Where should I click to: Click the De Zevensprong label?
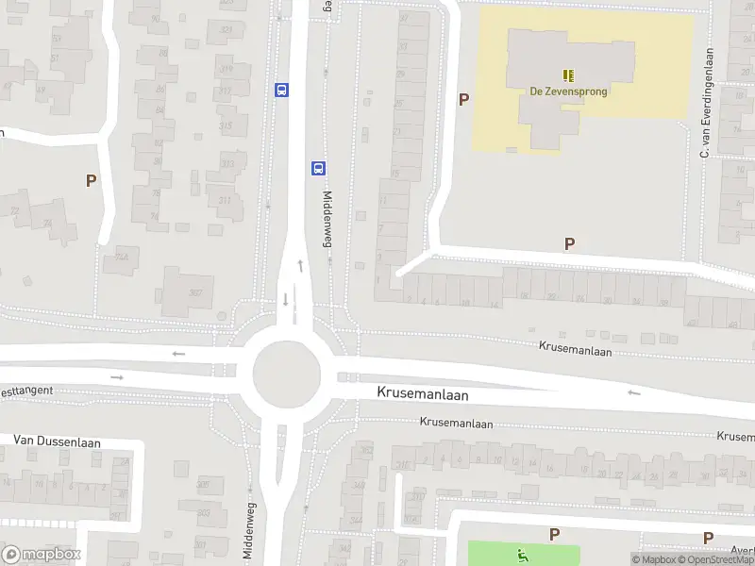(568, 92)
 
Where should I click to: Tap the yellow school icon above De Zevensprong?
(568, 75)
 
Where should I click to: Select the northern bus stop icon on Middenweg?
(281, 90)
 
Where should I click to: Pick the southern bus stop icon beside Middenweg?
(318, 168)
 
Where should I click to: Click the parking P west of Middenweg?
(91, 180)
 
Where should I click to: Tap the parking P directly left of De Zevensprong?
(463, 99)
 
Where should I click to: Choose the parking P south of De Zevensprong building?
(569, 243)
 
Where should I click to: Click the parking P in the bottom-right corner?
(708, 538)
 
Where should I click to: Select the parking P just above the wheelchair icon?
(554, 534)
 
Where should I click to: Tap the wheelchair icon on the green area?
(522, 554)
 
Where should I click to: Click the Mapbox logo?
(42, 554)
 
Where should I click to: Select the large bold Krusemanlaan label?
(422, 391)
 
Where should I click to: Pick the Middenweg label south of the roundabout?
(250, 531)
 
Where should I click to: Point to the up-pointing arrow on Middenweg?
(301, 265)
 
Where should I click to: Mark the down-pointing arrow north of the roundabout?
(285, 300)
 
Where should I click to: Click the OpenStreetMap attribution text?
(715, 559)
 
